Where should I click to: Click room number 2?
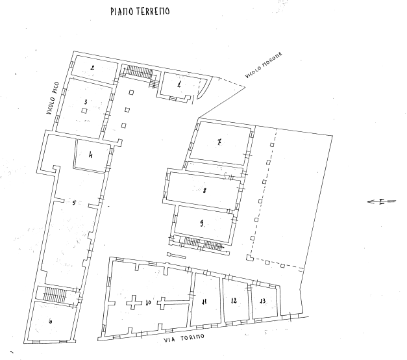93,68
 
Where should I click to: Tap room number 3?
85,101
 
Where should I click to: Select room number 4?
91,155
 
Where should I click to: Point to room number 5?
74,203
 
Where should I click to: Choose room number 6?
51,321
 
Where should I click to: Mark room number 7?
220,142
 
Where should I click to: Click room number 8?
204,190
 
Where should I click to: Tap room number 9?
202,223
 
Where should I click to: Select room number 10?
149,303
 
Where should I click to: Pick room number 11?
204,301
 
